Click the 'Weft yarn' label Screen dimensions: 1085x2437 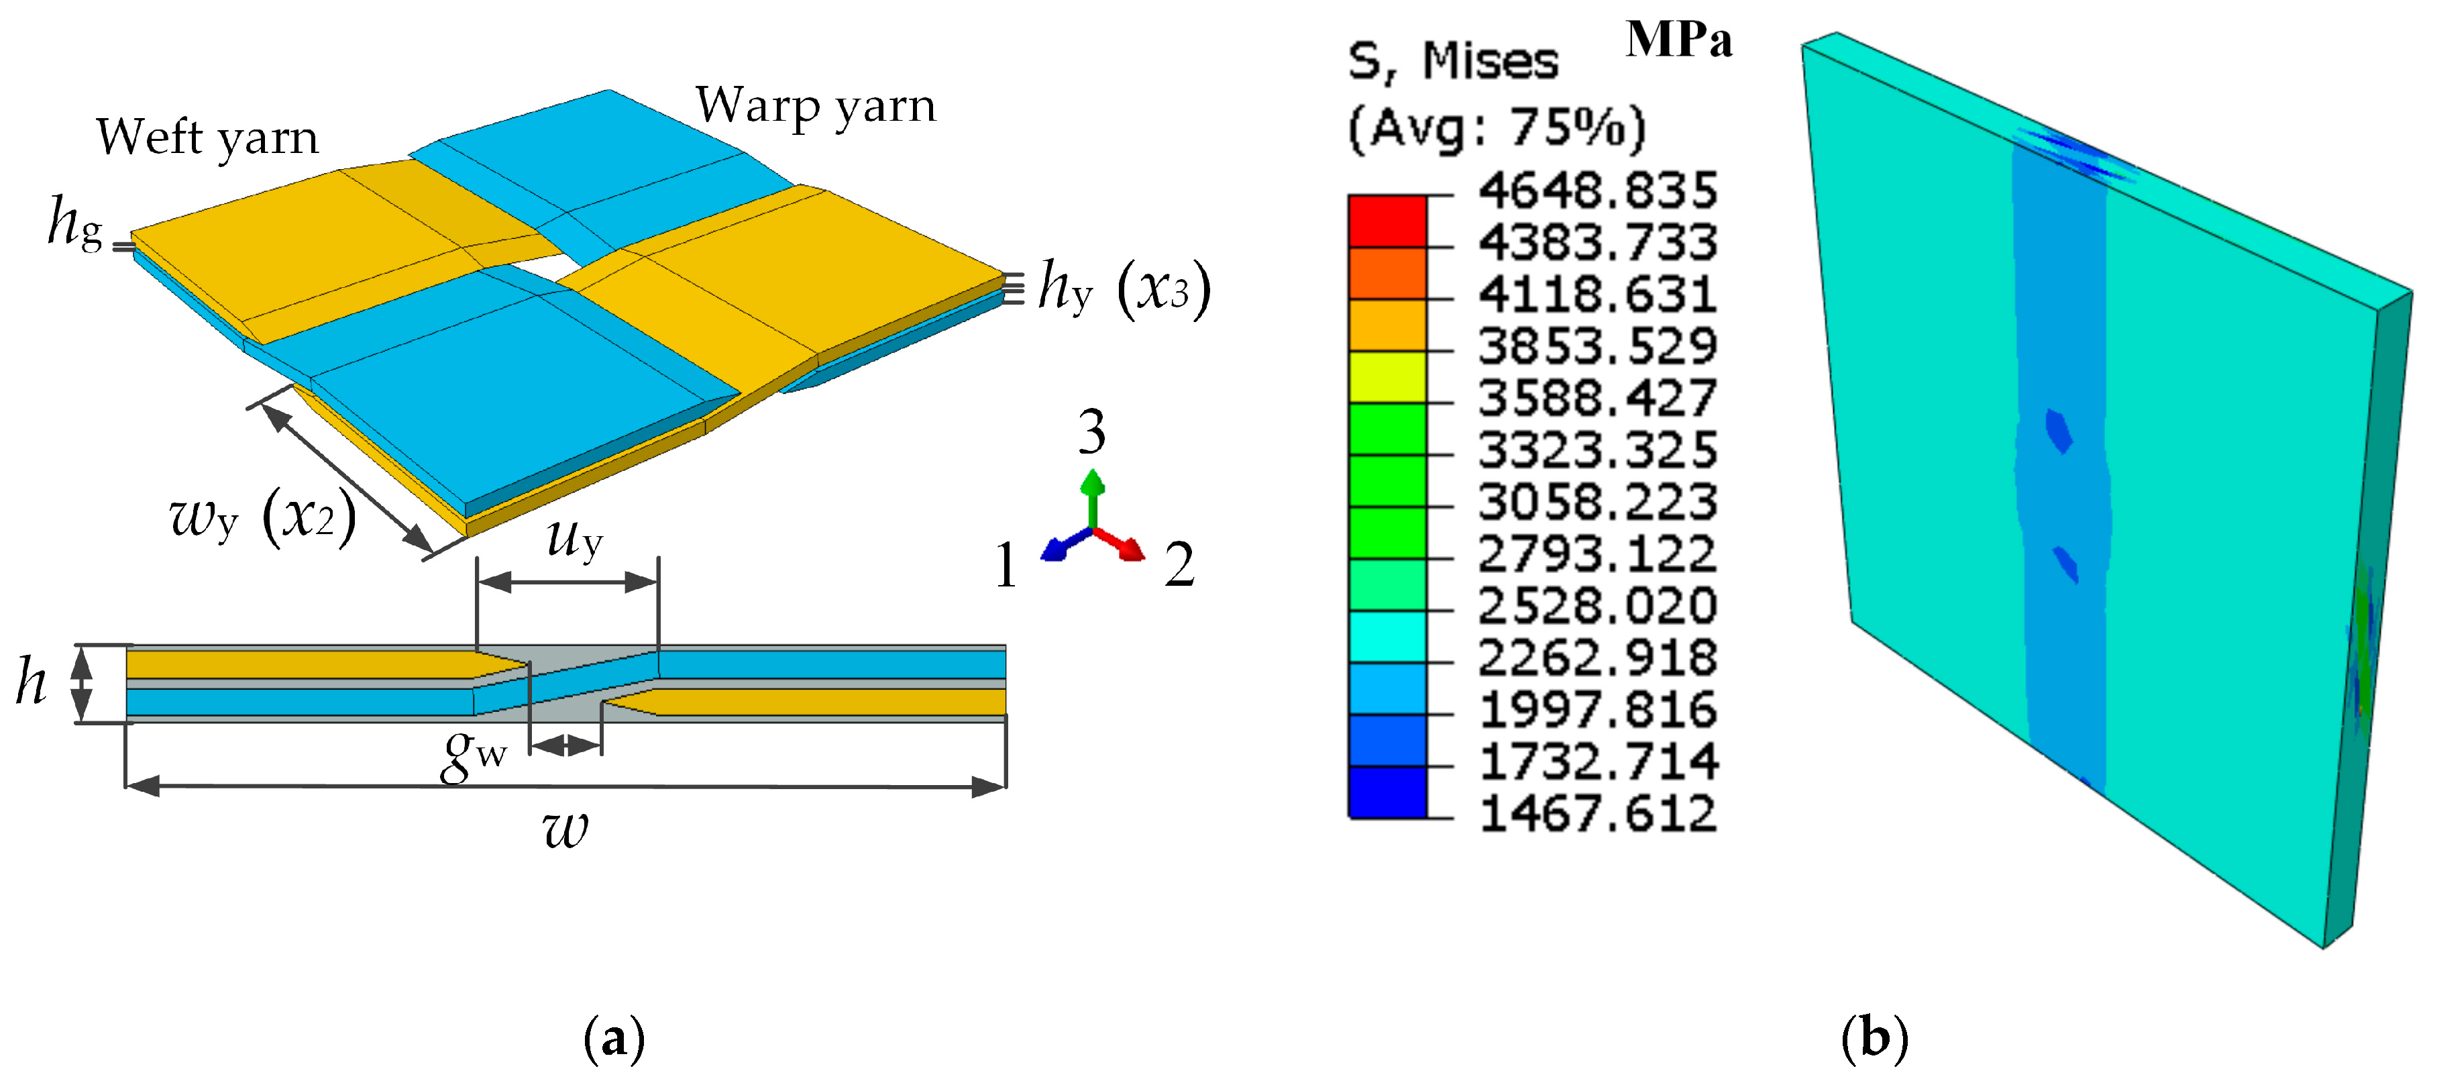pyautogui.click(x=207, y=138)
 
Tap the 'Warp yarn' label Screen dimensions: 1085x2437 pyautogui.click(x=816, y=106)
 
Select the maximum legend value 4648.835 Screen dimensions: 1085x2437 pyautogui.click(x=1597, y=191)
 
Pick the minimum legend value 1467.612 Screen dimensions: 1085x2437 pyautogui.click(x=1597, y=813)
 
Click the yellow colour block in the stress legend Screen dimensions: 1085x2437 pyautogui.click(x=1387, y=376)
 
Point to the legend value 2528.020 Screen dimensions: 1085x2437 pyautogui.click(x=1597, y=607)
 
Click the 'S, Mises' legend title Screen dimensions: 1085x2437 pyautogui.click(x=1452, y=62)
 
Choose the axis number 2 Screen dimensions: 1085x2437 pyautogui.click(x=1179, y=566)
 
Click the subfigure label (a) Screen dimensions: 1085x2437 pyautogui.click(x=615, y=1039)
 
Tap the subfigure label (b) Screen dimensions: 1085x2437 pyautogui.click(x=1874, y=1039)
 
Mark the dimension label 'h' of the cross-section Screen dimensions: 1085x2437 pyautogui.click(x=32, y=683)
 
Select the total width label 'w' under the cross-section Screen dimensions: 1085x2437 pyautogui.click(x=565, y=829)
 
